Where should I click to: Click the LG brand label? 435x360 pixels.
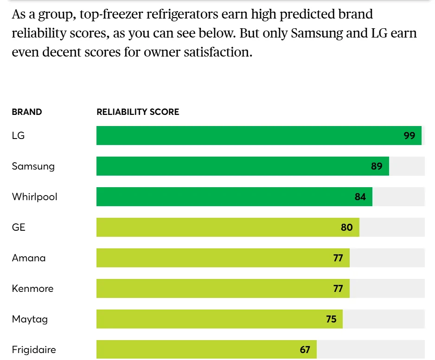(x=18, y=136)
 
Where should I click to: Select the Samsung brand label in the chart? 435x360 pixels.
(x=33, y=166)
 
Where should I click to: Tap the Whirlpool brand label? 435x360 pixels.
(x=35, y=197)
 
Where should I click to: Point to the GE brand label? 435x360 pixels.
(x=19, y=227)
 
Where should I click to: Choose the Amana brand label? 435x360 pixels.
(x=29, y=258)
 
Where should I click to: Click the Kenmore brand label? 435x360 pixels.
(x=32, y=289)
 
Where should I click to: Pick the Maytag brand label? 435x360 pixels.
(x=30, y=319)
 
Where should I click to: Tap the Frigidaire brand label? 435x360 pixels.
(x=34, y=350)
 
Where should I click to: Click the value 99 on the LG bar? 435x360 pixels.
(x=409, y=136)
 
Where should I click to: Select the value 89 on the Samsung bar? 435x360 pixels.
(x=377, y=166)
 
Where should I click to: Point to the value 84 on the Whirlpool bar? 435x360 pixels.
(x=360, y=197)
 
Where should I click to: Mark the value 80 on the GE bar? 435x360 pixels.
(x=347, y=227)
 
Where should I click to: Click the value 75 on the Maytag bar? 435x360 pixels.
(x=331, y=319)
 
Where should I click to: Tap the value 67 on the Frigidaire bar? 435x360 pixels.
(x=305, y=350)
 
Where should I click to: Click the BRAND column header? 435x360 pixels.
(x=27, y=112)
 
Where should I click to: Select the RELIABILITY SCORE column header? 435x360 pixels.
(x=138, y=112)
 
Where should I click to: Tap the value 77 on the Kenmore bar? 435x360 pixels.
(x=338, y=289)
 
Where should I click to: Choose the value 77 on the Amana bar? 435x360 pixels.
(x=338, y=258)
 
